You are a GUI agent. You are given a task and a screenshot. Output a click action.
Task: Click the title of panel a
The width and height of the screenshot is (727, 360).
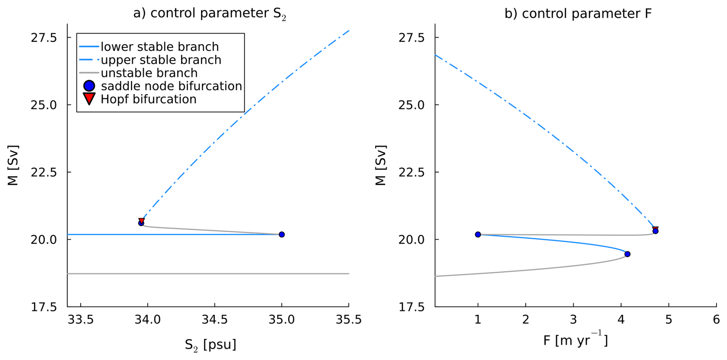pyautogui.click(x=209, y=13)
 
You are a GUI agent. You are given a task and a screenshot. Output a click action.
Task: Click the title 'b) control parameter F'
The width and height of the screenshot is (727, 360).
pyautogui.click(x=578, y=13)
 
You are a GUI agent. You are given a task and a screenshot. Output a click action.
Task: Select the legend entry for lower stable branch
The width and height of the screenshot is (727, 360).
pyautogui.click(x=159, y=47)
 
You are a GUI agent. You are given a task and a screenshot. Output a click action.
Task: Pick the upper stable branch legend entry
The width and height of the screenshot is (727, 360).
pyautogui.click(x=161, y=60)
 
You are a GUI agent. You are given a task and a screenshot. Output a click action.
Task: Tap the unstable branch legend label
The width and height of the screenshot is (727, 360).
pyautogui.click(x=149, y=73)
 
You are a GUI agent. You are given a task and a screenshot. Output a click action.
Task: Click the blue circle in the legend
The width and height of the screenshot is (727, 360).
pyautogui.click(x=89, y=86)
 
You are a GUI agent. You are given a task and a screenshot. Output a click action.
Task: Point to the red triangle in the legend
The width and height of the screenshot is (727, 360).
pyautogui.click(x=89, y=98)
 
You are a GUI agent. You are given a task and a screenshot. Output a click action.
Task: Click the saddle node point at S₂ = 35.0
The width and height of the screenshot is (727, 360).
pyautogui.click(x=282, y=234)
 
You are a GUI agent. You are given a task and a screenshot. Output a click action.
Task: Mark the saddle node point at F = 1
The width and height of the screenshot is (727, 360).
pyautogui.click(x=478, y=234)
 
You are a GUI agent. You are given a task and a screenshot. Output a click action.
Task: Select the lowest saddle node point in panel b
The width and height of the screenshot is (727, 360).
pyautogui.click(x=627, y=254)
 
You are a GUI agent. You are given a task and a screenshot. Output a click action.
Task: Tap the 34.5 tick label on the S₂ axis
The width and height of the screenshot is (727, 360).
pyautogui.click(x=214, y=320)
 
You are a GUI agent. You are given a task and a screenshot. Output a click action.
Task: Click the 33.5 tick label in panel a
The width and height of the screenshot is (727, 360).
pyautogui.click(x=81, y=320)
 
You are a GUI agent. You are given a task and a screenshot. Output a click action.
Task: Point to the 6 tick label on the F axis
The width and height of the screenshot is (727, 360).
pyautogui.click(x=716, y=320)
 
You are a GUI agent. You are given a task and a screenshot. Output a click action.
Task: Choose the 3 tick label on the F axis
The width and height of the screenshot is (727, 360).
pyautogui.click(x=573, y=320)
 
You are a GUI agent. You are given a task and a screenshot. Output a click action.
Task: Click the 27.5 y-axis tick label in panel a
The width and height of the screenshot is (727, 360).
pyautogui.click(x=44, y=38)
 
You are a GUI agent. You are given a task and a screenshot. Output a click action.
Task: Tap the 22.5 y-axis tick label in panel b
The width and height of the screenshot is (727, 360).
pyautogui.click(x=412, y=172)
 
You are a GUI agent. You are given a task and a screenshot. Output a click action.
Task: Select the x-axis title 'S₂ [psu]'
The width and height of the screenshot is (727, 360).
pyautogui.click(x=210, y=344)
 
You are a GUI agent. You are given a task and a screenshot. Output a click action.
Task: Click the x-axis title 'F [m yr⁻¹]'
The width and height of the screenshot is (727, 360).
pyautogui.click(x=575, y=340)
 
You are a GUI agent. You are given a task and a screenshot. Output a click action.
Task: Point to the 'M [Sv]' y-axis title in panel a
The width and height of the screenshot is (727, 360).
pyautogui.click(x=13, y=165)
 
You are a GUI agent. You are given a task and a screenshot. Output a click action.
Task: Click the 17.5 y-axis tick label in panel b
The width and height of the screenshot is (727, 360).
pyautogui.click(x=412, y=307)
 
